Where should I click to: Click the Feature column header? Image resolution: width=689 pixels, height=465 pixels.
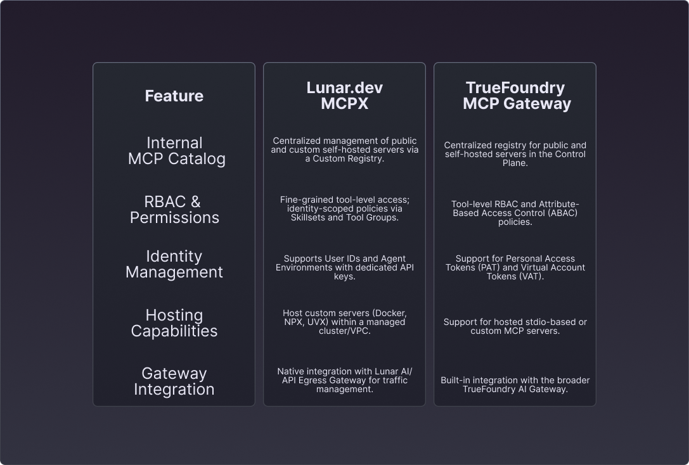174,96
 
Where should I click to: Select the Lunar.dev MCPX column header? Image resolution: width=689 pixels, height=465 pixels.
344,96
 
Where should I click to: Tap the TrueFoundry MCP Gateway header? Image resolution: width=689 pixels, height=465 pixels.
515,96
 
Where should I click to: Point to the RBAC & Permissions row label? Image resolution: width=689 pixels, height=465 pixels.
174,210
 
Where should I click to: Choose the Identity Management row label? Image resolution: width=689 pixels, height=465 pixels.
174,264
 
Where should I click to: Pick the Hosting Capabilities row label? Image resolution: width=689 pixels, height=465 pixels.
174,323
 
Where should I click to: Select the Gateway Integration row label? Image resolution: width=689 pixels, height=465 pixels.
174,381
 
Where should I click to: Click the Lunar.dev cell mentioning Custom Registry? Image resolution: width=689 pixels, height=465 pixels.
344,150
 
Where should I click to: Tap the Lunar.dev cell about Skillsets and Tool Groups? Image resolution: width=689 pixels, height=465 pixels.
344,208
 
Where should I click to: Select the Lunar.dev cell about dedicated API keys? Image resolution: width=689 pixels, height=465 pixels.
344,267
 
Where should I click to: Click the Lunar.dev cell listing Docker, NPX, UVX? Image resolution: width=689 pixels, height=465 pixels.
344,322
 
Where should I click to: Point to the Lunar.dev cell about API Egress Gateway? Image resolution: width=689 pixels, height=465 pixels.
344,380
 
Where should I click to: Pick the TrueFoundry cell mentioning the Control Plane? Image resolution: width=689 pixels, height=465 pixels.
515,154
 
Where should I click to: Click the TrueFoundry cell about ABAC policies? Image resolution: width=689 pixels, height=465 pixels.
515,213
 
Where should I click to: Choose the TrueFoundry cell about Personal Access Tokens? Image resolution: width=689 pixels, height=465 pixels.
515,267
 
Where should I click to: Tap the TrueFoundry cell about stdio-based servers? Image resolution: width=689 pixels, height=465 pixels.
515,326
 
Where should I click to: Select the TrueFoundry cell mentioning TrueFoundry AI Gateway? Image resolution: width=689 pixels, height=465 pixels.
515,385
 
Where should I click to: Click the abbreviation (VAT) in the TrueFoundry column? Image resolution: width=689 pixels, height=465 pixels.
530,277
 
